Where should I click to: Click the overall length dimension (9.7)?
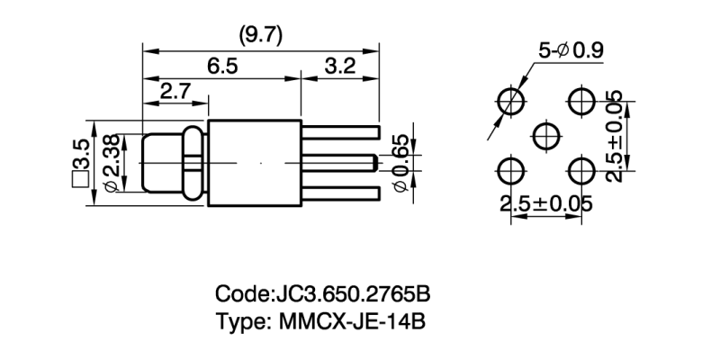point(260,35)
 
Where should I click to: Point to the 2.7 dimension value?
point(174,92)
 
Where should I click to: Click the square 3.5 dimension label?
point(79,162)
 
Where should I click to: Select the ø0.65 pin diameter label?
point(400,162)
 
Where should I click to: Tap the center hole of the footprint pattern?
point(546,136)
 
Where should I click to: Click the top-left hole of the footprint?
point(512,101)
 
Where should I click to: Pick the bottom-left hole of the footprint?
point(512,170)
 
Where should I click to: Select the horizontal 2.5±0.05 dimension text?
point(546,203)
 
